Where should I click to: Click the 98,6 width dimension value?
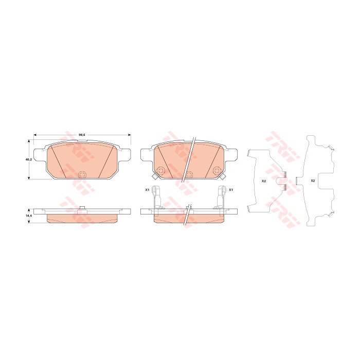coord(82,135)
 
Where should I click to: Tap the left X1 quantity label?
coord(147,190)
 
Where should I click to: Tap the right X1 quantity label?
coord(231,190)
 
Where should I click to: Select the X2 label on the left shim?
coord(263,181)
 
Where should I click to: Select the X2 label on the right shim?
coord(313,181)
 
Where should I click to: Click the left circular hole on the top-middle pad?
coord(160,172)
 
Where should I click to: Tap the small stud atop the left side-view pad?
coord(81,207)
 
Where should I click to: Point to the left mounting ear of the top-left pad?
coord(39,153)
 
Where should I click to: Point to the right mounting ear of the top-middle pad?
coord(233,153)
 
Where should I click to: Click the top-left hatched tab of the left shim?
coord(249,153)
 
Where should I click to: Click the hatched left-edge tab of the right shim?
coord(298,180)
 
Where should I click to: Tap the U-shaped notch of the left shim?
coord(281,181)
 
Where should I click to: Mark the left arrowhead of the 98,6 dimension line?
coord(35,135)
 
